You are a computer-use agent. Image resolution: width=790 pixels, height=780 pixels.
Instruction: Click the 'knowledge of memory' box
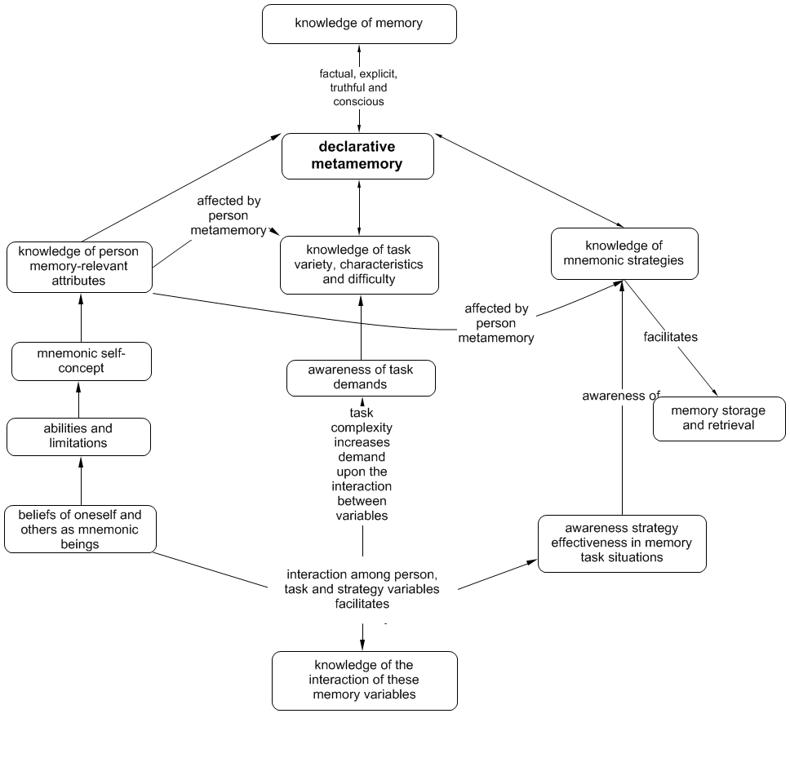[359, 24]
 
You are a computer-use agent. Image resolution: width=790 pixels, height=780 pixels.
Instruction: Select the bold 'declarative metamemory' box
[359, 156]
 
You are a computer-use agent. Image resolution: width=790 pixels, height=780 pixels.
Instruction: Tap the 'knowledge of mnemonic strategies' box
[624, 253]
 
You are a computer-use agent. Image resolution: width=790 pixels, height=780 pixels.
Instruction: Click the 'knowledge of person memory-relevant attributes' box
[79, 266]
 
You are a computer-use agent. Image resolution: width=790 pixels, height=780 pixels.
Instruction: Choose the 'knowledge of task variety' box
[359, 264]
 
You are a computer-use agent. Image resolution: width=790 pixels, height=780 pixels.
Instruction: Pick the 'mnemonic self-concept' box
[82, 361]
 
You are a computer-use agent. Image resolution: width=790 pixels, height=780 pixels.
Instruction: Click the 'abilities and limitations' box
[78, 437]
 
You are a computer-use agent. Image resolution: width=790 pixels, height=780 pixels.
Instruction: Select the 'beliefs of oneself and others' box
[79, 530]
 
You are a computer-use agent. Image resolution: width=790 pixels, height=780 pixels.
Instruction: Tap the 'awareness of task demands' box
[361, 378]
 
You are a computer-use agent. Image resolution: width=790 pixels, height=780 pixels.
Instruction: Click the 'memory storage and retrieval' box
[719, 419]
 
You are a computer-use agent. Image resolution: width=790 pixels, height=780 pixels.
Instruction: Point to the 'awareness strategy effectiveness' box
[621, 543]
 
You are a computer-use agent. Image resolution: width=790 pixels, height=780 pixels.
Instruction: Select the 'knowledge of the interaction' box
[364, 680]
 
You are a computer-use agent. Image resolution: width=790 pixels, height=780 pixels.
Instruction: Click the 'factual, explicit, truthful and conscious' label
[358, 87]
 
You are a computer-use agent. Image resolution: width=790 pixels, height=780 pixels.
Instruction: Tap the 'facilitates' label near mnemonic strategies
[670, 336]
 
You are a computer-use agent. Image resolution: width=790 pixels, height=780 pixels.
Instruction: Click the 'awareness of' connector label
[620, 396]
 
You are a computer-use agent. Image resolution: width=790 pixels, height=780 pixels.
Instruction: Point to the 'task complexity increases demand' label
[362, 464]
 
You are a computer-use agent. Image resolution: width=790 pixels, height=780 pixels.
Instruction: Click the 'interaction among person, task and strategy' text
[362, 589]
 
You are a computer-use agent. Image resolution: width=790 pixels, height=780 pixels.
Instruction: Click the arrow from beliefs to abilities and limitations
[81, 481]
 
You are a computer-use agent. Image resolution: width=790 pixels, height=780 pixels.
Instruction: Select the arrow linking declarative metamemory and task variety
[359, 207]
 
